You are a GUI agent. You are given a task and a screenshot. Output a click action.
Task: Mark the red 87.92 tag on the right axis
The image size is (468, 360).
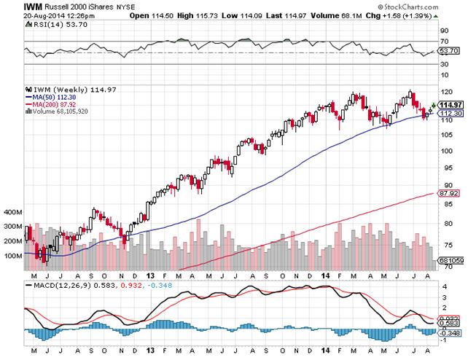tap(446, 193)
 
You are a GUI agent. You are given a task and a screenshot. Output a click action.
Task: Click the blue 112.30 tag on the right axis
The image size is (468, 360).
tap(446, 114)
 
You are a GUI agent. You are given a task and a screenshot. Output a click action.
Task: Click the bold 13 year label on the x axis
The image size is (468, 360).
tap(150, 275)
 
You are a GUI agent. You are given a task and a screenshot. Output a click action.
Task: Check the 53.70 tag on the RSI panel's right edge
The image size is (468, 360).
tap(447, 52)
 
